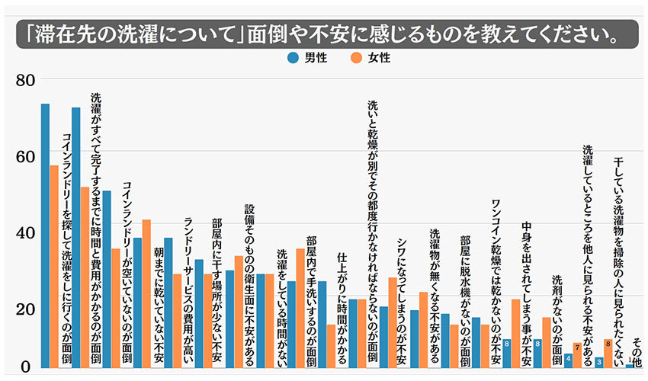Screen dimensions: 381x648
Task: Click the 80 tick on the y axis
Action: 26,78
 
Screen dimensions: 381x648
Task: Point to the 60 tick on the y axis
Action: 26,155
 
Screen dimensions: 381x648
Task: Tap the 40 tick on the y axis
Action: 26,232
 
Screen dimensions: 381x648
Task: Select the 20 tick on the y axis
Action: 26,309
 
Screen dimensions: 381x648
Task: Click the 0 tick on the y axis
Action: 26,367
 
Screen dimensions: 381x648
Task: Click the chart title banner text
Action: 323,35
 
